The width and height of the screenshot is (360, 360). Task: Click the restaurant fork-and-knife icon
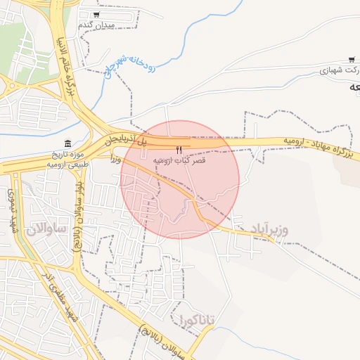(179, 150)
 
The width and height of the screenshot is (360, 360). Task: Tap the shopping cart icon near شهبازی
(351, 60)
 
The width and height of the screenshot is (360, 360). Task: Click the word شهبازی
(334, 70)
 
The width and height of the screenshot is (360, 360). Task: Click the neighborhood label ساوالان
(46, 229)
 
